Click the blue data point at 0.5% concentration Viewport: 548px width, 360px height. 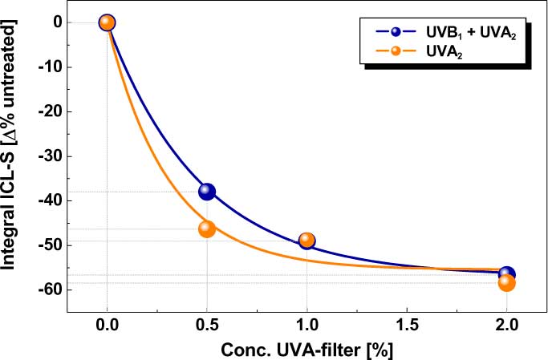(x=207, y=191)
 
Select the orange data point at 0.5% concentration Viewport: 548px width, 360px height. (x=207, y=229)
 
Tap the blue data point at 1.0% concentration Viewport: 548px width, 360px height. (x=306, y=241)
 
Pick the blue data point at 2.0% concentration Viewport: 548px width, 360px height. (x=506, y=275)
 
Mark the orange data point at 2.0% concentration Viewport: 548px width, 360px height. (x=506, y=282)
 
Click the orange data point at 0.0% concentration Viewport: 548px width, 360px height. (x=108, y=22)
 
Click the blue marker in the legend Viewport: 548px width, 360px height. (x=396, y=33)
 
